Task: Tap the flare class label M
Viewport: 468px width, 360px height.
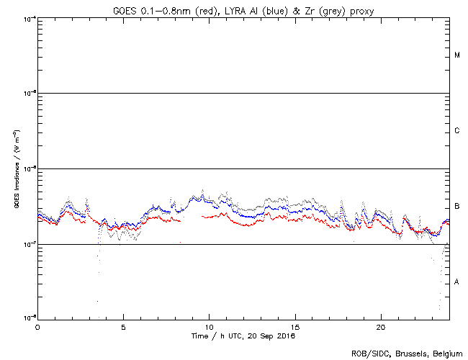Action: [x=457, y=55]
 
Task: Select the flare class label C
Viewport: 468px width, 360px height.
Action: [x=457, y=131]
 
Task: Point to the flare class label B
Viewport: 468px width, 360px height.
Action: [x=457, y=207]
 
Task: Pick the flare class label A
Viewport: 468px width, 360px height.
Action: [x=457, y=282]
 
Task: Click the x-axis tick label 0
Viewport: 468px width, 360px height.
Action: [x=37, y=326]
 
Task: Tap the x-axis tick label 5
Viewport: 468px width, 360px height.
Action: [x=123, y=326]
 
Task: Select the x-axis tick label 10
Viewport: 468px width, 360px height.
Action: [x=209, y=326]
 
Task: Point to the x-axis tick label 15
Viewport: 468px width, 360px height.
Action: [x=295, y=326]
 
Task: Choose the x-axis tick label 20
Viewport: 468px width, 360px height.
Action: [x=381, y=326]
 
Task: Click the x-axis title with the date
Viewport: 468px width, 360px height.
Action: [x=243, y=336]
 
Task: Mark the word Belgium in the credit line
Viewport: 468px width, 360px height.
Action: [x=449, y=354]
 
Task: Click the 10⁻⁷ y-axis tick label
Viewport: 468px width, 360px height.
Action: [x=29, y=245]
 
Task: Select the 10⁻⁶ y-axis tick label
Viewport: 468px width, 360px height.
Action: [x=29, y=169]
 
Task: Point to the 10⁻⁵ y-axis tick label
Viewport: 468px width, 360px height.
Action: [x=29, y=94]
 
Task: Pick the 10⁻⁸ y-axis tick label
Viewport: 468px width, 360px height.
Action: [x=29, y=318]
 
